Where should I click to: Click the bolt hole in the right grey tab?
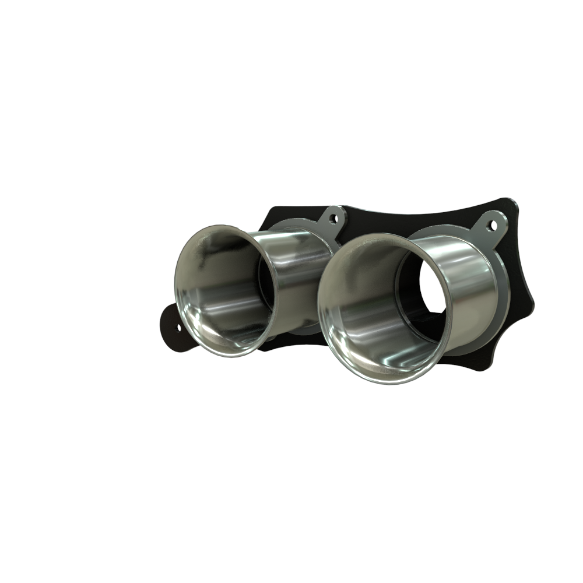click(x=493, y=224)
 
